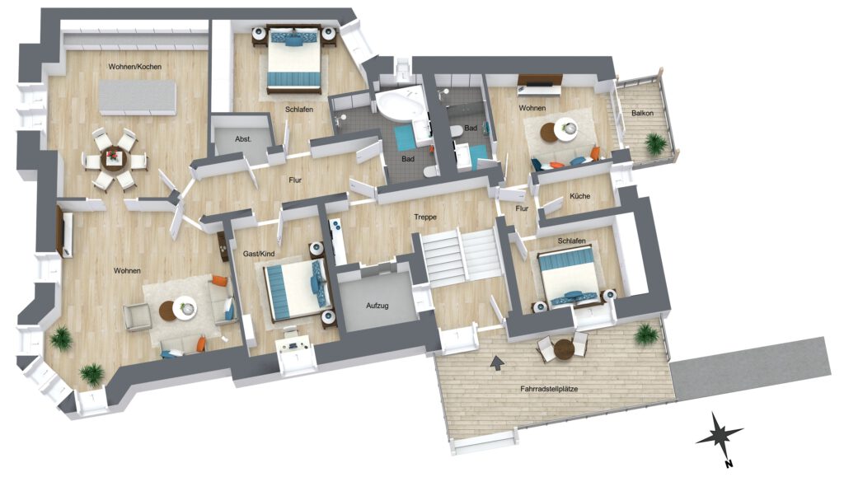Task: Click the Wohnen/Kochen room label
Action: point(134,67)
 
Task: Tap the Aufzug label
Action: point(377,306)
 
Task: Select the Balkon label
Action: point(642,113)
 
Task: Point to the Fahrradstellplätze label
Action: point(549,388)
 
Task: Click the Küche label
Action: point(579,196)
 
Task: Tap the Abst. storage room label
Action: point(243,138)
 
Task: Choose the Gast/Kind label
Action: point(258,253)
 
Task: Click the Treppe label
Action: point(425,217)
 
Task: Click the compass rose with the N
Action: point(719,437)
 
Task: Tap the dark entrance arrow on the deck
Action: point(497,363)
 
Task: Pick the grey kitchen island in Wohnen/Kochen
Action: point(138,97)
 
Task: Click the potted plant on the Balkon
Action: point(655,143)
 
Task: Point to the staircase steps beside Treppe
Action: point(462,255)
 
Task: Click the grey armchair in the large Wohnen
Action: point(137,317)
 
